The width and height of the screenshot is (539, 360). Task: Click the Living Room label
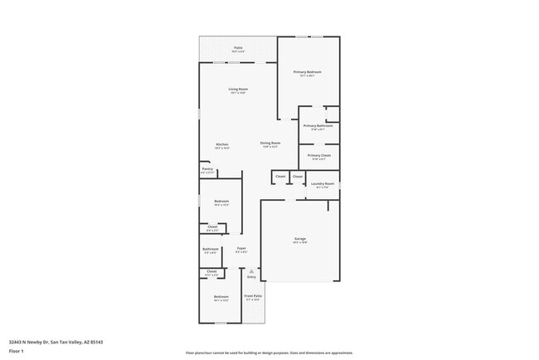click(x=239, y=89)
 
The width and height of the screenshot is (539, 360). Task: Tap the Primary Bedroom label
click(x=308, y=72)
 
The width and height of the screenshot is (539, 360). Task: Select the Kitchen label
click(x=222, y=145)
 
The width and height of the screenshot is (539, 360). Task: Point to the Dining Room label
click(x=270, y=143)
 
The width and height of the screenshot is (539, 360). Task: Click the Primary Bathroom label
click(x=318, y=126)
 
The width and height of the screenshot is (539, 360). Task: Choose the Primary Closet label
click(x=319, y=155)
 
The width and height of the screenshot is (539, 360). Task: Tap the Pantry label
click(x=207, y=168)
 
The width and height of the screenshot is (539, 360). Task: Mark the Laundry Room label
click(x=323, y=183)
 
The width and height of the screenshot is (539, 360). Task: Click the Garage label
click(x=299, y=239)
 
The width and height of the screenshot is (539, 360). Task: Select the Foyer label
click(x=241, y=248)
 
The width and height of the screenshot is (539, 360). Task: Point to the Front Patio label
click(x=252, y=295)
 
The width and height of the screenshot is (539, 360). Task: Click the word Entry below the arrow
click(x=251, y=277)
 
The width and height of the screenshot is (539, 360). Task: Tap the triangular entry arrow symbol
click(x=251, y=270)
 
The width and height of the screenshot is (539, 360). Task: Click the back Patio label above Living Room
click(x=238, y=48)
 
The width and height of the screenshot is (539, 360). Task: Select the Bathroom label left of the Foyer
click(x=211, y=249)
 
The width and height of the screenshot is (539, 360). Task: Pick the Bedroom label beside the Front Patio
click(x=221, y=297)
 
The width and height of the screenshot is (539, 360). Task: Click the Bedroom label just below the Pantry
click(x=221, y=201)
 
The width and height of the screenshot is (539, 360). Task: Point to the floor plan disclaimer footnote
click(x=269, y=353)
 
